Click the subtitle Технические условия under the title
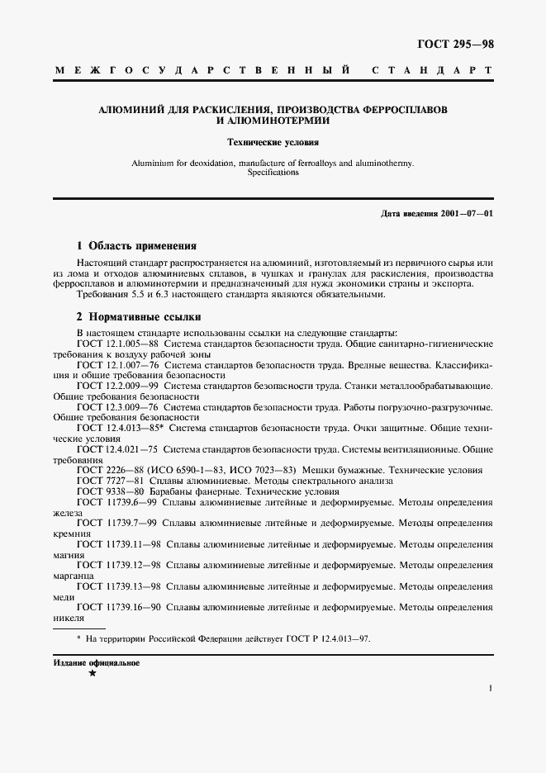(x=273, y=142)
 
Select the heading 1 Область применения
(x=135, y=245)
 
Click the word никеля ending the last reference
(x=69, y=619)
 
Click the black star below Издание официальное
(x=92, y=675)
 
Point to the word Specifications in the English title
(x=273, y=173)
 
